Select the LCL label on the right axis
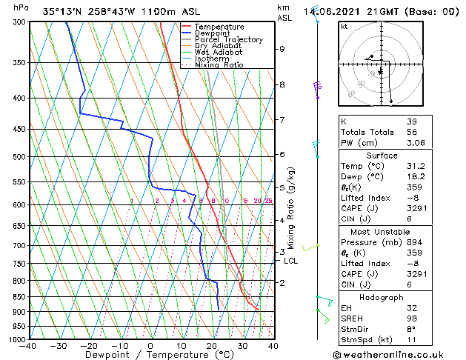(291, 261)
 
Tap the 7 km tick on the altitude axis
(282, 120)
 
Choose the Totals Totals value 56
(411, 132)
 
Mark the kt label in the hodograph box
(344, 27)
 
